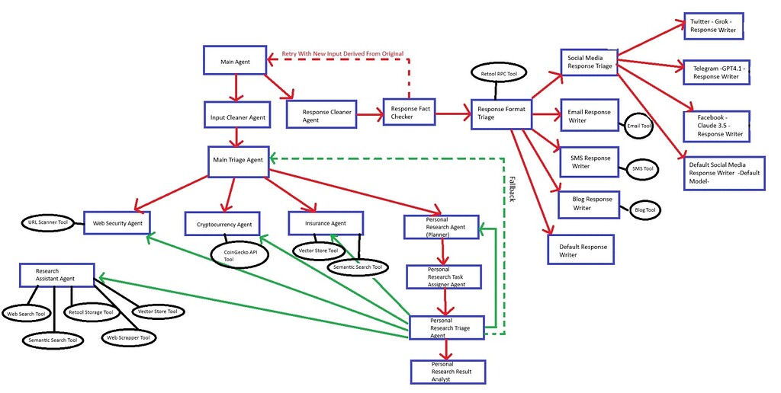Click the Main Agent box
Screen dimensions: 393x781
(x=235, y=60)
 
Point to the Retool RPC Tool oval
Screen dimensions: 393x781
(x=499, y=74)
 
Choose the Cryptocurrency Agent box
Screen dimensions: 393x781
(x=223, y=224)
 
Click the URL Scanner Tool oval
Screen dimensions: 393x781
(x=48, y=223)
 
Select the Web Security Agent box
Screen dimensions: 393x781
(x=117, y=223)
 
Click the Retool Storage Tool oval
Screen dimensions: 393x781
(x=91, y=312)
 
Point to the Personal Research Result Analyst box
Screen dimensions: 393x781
(x=447, y=371)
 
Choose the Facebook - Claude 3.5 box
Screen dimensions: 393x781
(x=716, y=124)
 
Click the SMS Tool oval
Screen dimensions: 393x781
(x=643, y=168)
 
